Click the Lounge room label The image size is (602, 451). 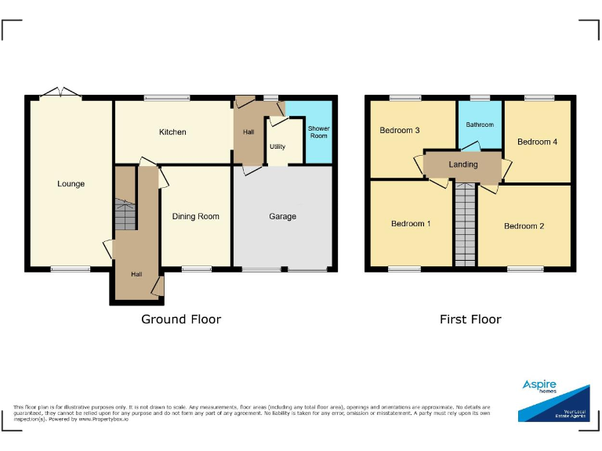(71, 184)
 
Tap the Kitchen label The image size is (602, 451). (172, 132)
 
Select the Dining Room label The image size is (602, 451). (196, 216)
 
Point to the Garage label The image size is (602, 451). (283, 216)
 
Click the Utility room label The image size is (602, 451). (277, 146)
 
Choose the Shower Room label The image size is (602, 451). (318, 132)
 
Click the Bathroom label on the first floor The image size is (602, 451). (480, 124)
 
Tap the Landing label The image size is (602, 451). (463, 164)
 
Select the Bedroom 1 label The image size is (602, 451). (411, 224)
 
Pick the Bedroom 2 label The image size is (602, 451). (524, 226)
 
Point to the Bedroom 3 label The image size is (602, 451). (400, 130)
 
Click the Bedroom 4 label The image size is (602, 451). (538, 141)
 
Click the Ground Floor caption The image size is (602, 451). (181, 319)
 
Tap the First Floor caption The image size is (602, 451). (470, 319)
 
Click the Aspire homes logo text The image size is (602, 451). (539, 386)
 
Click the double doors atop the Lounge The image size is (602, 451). (60, 93)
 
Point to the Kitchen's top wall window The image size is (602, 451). (167, 98)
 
